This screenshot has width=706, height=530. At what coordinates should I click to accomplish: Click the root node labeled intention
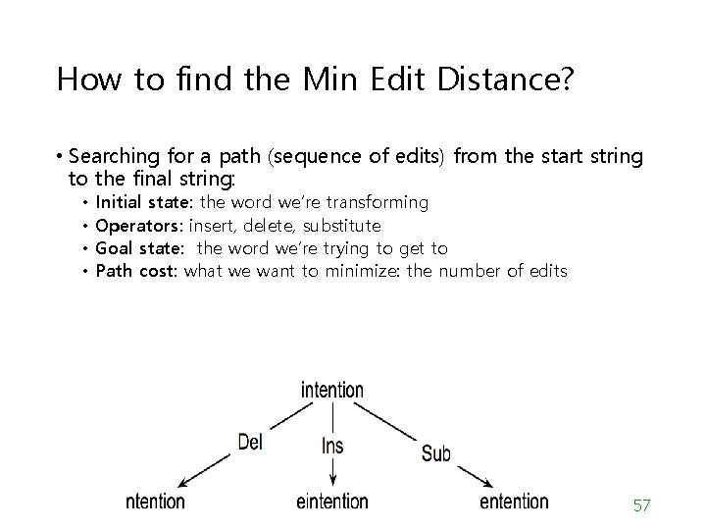331,390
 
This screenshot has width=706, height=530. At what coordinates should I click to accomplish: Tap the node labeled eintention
331,502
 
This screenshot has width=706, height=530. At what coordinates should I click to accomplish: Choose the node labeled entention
514,502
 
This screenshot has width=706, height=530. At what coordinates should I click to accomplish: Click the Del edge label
250,443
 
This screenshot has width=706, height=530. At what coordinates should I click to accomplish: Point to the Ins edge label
332,446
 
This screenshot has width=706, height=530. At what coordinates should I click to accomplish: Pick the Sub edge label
435,452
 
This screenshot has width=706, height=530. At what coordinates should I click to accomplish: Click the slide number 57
642,505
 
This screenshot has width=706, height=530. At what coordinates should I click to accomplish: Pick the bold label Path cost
136,270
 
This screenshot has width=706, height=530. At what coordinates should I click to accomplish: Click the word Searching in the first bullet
117,156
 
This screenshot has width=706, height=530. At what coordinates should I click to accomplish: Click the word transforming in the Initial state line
377,202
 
